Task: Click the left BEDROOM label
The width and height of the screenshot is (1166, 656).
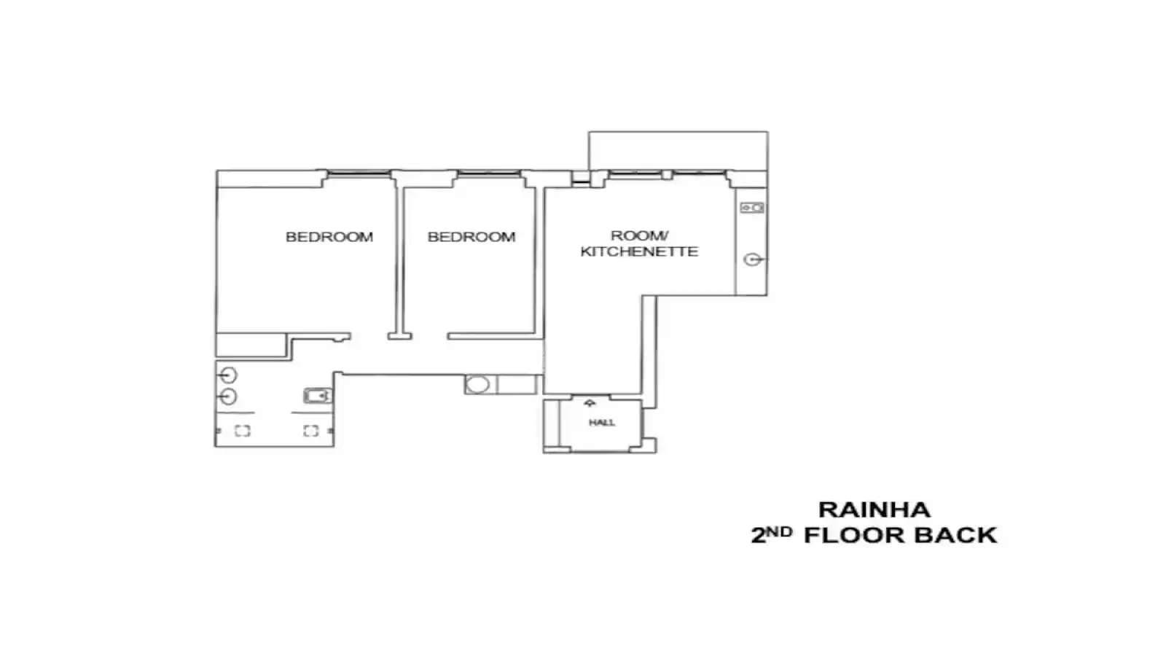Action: [329, 237]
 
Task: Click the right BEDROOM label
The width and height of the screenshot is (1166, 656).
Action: [472, 237]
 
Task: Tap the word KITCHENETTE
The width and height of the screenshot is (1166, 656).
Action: [639, 252]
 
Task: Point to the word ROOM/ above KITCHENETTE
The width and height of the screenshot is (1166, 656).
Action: [639, 236]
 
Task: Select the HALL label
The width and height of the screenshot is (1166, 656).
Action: [602, 423]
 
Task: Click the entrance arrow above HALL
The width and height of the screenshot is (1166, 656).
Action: [590, 403]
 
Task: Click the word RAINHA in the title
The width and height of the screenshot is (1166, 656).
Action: [874, 509]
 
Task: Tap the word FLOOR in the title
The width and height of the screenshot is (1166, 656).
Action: [854, 536]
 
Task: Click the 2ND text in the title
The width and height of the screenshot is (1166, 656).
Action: [772, 535]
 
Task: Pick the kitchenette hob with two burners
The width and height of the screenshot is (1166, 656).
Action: [752, 208]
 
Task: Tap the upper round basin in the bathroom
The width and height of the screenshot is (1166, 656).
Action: [227, 375]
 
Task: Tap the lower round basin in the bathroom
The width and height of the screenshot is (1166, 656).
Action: [227, 397]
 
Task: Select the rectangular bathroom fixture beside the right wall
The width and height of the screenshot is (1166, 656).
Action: [318, 396]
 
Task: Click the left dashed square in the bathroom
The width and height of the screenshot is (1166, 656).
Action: [243, 431]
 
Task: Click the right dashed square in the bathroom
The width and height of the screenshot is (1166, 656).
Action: [310, 431]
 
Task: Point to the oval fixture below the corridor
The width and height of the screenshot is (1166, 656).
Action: [477, 385]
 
